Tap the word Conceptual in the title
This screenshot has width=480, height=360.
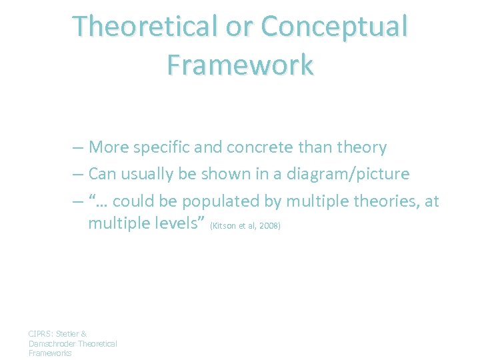pos(334,26)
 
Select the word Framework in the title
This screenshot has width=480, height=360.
pos(240,65)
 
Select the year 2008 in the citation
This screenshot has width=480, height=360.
pos(269,226)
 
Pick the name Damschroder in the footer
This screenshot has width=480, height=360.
pos(52,343)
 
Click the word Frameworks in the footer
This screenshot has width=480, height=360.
pos(50,353)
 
